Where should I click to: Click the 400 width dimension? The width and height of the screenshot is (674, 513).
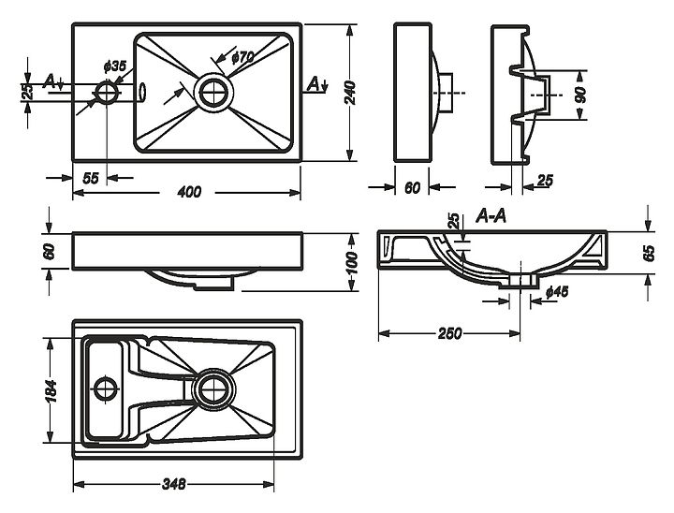click(189, 192)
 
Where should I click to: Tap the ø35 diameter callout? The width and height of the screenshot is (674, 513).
click(113, 66)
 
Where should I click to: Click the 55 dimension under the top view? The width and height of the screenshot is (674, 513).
click(91, 178)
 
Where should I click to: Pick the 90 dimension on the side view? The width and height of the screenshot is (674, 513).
click(580, 95)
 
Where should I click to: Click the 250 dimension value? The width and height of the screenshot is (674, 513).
click(448, 335)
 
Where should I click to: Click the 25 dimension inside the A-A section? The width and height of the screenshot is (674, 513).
click(453, 222)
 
